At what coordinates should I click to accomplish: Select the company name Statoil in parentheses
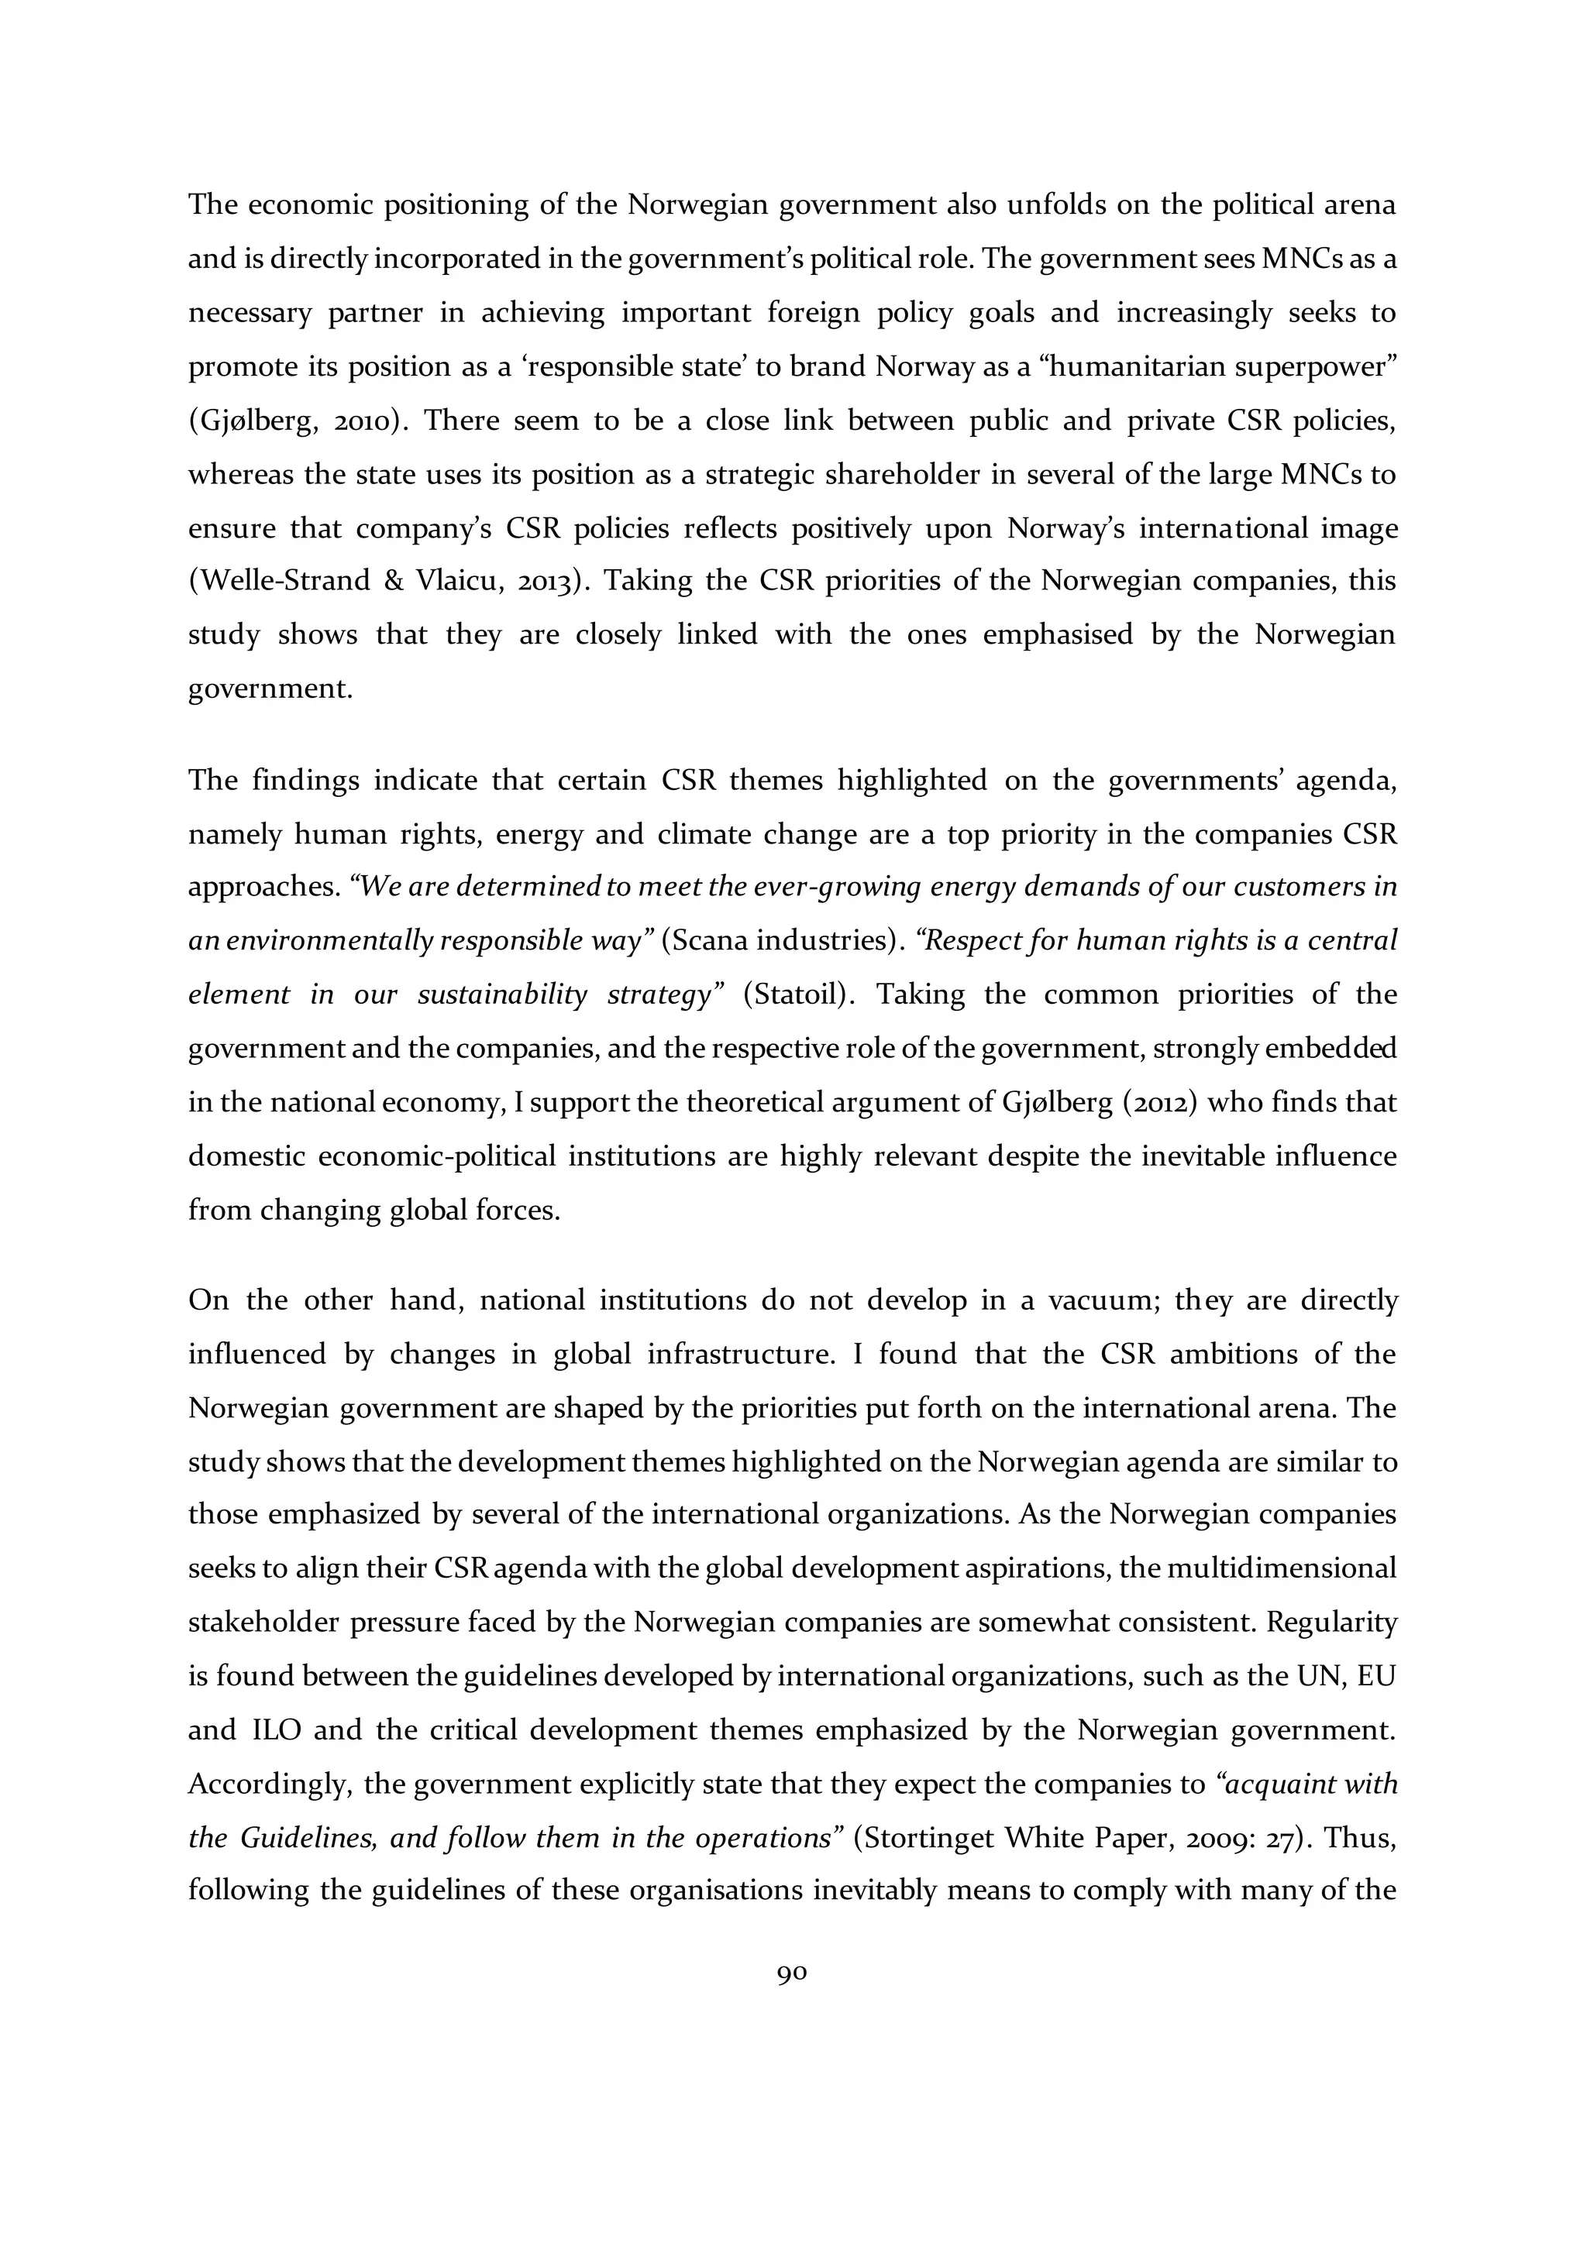pyautogui.click(x=800, y=994)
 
